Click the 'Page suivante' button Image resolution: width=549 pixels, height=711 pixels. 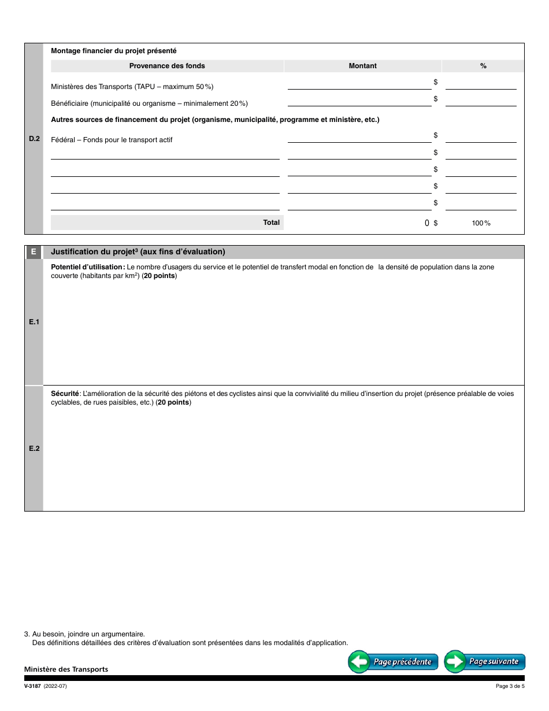[x=484, y=662]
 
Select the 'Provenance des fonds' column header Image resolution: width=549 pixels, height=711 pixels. [x=167, y=66]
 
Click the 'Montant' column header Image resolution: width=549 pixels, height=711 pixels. [x=362, y=66]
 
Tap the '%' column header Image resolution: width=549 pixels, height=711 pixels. [x=483, y=66]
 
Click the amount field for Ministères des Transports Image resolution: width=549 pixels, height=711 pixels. [x=359, y=84]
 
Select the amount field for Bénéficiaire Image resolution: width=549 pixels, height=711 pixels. [x=359, y=101]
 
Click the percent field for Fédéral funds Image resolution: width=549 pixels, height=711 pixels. [x=481, y=138]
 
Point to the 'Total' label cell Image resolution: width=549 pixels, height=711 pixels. [x=271, y=223]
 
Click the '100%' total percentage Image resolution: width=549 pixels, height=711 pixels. [x=481, y=223]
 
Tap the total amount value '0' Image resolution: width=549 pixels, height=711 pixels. [x=427, y=223]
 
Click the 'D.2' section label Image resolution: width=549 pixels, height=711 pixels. [x=34, y=139]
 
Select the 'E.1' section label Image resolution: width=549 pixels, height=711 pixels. [x=34, y=322]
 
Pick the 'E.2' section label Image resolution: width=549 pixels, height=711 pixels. [x=34, y=449]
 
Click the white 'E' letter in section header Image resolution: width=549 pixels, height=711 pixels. [x=34, y=252]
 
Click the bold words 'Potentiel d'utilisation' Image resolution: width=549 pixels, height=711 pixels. [x=87, y=267]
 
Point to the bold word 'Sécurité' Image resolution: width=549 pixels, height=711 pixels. [x=65, y=394]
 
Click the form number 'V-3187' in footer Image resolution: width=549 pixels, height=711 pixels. [x=34, y=686]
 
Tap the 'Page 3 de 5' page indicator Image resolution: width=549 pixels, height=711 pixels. [x=510, y=686]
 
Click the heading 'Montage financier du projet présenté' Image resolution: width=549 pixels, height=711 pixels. [x=114, y=51]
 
